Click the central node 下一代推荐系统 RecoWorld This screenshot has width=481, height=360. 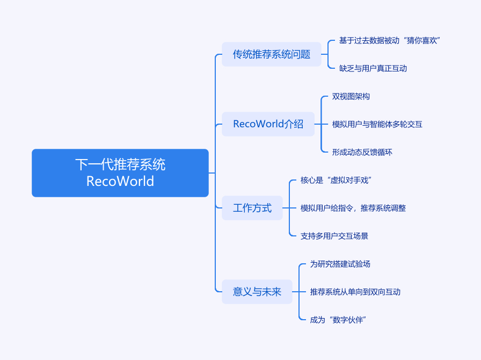pyautogui.click(x=120, y=172)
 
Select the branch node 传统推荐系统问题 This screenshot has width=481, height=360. pyautogui.click(x=271, y=54)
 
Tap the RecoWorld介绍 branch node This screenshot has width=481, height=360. pyautogui.click(x=268, y=124)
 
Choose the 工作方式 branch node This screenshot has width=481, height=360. pyautogui.click(x=252, y=208)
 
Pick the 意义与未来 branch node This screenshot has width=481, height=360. pyautogui.click(x=257, y=292)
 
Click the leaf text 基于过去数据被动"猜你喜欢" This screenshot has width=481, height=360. pyautogui.click(x=390, y=40)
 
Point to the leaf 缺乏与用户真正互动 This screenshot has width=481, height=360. pyautogui.click(x=373, y=68)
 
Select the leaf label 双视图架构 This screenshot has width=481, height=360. pyautogui.click(x=351, y=96)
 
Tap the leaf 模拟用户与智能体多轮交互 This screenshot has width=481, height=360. pyautogui.click(x=377, y=124)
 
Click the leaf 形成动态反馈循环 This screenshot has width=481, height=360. pyautogui.click(x=362, y=152)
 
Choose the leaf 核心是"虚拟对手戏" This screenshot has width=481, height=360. pyautogui.click(x=337, y=180)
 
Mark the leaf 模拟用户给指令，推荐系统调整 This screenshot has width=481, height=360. pyautogui.click(x=353, y=208)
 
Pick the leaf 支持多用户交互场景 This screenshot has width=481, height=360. pyautogui.click(x=334, y=236)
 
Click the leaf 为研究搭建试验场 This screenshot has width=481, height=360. pyautogui.click(x=340, y=264)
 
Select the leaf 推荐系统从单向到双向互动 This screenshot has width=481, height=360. pyautogui.click(x=355, y=292)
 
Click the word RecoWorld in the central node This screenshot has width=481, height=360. pyautogui.click(x=120, y=181)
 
